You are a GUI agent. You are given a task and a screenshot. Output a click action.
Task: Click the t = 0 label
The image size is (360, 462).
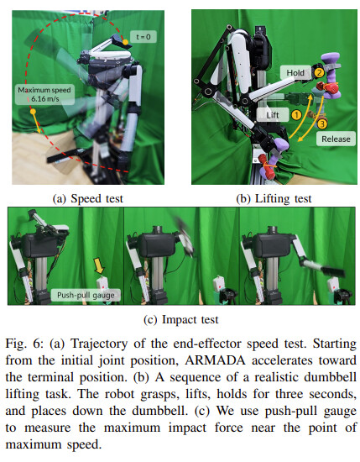143,37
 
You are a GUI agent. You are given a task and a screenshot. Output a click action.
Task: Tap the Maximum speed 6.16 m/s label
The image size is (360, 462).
44,94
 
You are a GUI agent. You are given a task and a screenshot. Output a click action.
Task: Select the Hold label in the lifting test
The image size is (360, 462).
295,72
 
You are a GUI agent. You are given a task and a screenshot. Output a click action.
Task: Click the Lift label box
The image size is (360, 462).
272,115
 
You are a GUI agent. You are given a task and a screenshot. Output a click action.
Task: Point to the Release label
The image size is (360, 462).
336,139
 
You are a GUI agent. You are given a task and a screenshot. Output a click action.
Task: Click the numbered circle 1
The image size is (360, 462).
297,114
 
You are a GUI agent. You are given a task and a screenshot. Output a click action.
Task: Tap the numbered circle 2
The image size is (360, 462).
320,72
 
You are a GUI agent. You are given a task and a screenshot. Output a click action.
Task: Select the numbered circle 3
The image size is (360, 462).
322,124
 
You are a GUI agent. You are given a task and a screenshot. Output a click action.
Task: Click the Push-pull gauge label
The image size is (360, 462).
86,295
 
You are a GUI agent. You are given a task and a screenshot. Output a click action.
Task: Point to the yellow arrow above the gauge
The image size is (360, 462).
99,265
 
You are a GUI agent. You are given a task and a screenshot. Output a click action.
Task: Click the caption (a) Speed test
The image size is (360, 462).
88,198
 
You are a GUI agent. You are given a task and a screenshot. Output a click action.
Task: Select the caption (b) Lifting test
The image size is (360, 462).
274,198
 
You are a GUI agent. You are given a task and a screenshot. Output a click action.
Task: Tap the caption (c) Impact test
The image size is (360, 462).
181,319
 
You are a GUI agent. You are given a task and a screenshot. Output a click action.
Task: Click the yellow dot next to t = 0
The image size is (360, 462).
125,42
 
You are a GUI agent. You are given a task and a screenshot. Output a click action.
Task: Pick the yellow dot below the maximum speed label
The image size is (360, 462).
33,112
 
